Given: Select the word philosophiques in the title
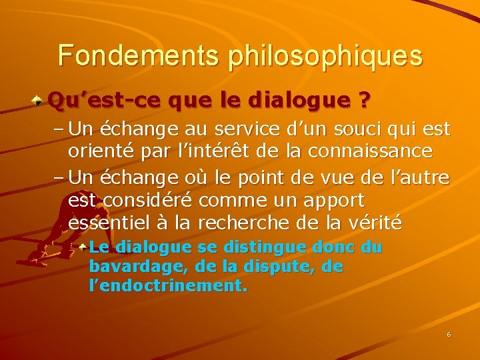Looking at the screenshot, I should coord(325,57).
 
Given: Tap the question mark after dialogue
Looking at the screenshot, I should coord(364,101).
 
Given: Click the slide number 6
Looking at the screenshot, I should coord(449,334).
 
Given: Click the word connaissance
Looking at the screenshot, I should coord(374,151).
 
